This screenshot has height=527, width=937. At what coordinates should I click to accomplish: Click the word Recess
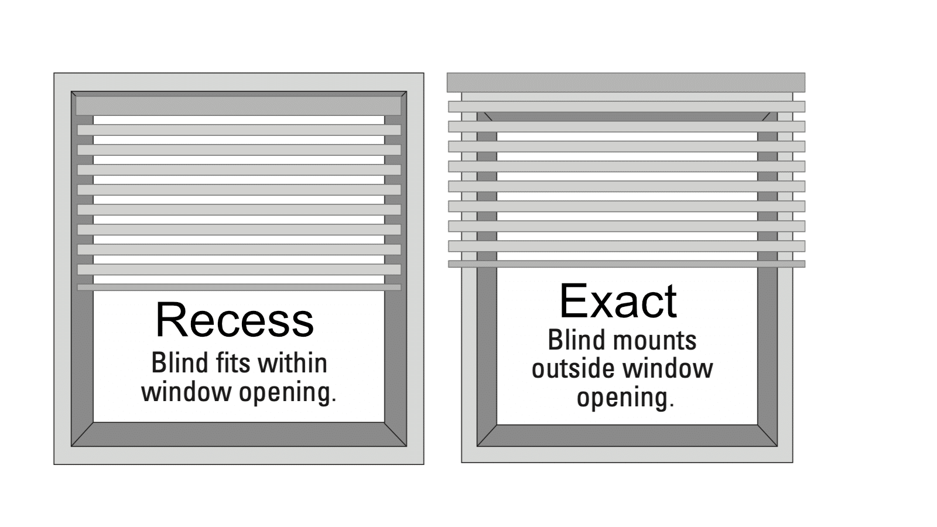pos(234,320)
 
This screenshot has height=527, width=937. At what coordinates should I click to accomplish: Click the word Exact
pos(618,301)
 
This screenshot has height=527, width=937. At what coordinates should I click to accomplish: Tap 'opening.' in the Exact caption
pos(625,398)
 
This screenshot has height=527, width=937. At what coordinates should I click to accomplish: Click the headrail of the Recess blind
pos(238,106)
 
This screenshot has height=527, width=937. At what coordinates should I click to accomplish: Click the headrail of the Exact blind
pos(626,83)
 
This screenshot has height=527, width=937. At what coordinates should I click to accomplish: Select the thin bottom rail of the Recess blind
pos(240,288)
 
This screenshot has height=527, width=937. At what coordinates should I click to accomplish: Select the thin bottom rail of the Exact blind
pos(627,264)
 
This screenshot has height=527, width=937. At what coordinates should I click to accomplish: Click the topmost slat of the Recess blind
pos(240,130)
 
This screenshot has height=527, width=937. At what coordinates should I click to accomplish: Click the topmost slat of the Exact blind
pos(627,107)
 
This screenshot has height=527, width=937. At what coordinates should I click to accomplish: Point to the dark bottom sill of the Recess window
pos(239,434)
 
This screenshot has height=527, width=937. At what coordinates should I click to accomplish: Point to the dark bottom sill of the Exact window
pos(627,436)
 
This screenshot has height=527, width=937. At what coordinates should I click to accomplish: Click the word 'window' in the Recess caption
pos(187,392)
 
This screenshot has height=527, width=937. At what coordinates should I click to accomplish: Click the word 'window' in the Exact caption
pos(668,369)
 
